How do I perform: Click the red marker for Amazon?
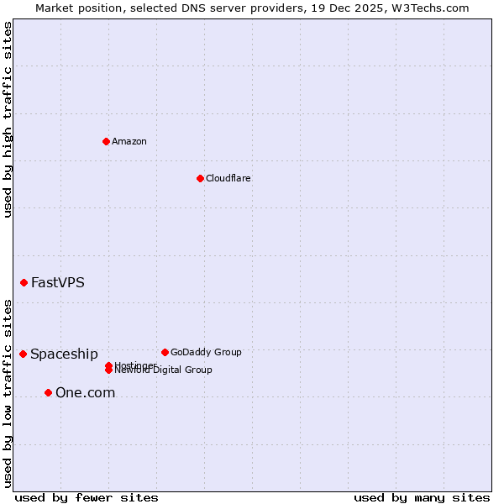106,141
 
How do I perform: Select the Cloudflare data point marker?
200,178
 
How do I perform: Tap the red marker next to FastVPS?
24,282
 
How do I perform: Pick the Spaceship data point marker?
23,354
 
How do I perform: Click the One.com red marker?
48,392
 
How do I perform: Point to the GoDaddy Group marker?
165,352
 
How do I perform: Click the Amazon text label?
129,141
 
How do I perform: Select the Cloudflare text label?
228,178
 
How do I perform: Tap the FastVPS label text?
58,282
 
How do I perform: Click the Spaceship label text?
64,354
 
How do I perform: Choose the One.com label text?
85,392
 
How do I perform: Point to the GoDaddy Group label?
206,352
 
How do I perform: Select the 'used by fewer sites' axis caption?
87,497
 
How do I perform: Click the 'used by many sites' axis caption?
422,497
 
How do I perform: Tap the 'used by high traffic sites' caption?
8,119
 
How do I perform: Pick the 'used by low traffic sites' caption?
8,392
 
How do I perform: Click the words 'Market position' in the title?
74,8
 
